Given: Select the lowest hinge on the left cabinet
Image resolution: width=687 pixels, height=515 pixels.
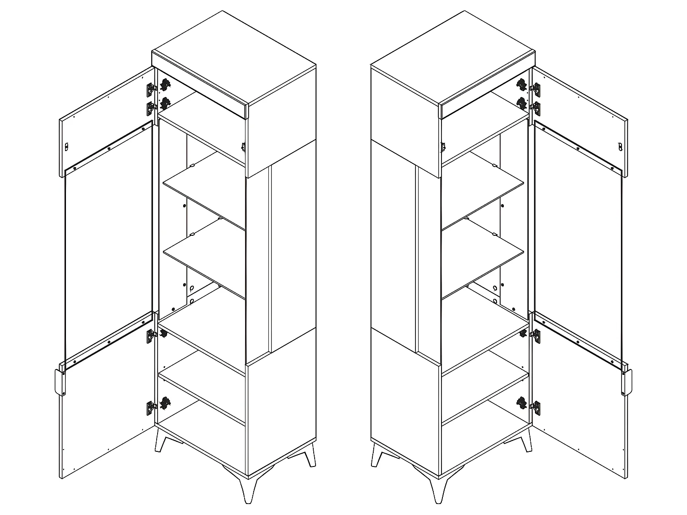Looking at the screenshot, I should [x=150, y=407].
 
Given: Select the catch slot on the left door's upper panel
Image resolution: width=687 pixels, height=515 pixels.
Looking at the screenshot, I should [x=66, y=146].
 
